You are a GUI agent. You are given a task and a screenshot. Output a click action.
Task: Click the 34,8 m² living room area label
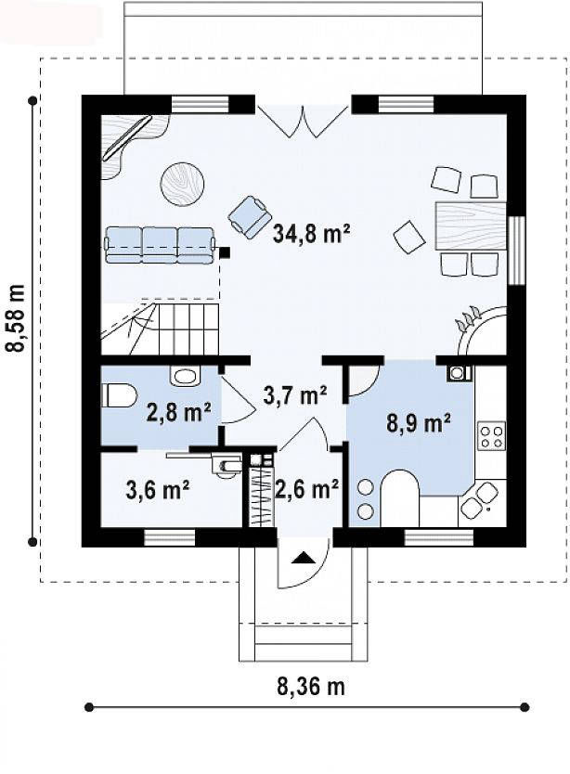click(311, 234)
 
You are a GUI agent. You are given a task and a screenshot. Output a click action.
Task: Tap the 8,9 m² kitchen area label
click(418, 422)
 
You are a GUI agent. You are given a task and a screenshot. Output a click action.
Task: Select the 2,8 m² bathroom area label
click(179, 412)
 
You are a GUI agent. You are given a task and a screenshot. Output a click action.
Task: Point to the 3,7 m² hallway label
click(294, 394)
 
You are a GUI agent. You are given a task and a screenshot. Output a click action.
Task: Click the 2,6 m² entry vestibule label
click(306, 489)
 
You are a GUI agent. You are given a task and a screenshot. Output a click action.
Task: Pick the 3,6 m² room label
click(158, 490)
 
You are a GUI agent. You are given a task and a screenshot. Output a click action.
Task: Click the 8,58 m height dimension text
click(15, 318)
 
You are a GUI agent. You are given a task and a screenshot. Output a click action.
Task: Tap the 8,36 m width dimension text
click(310, 686)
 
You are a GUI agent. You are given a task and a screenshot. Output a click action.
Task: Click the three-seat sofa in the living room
click(161, 244)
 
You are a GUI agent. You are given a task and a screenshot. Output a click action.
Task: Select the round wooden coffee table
click(183, 183)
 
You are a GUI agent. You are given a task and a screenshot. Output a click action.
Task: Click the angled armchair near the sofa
click(251, 215)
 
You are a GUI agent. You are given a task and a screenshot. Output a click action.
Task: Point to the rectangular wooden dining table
click(471, 225)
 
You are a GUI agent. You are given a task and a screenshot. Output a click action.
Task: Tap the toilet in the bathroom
click(119, 395)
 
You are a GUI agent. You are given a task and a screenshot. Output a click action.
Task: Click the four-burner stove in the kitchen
click(491, 435)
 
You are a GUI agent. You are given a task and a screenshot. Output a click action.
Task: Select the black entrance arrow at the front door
click(303, 558)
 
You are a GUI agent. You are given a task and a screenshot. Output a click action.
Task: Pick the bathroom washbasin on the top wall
click(186, 376)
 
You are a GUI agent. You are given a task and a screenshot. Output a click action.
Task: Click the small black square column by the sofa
click(225, 252)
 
